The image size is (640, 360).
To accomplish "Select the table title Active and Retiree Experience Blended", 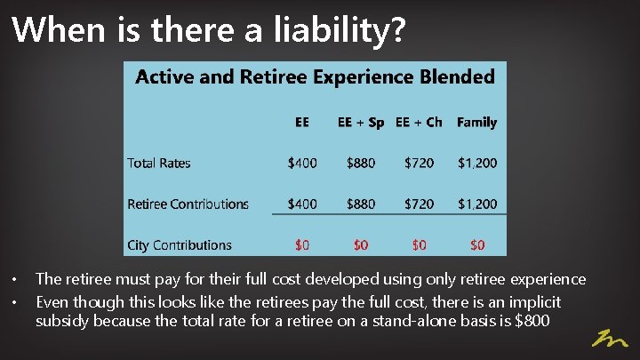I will tap(315, 76).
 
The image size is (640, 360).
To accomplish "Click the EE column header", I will tap(302, 122).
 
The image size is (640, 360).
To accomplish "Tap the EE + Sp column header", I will tap(361, 122).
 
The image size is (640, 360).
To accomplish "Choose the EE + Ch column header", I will tap(419, 122).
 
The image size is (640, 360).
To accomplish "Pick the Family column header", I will tap(476, 122).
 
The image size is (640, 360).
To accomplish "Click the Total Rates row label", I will tap(159, 163).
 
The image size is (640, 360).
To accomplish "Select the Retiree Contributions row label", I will tap(188, 204).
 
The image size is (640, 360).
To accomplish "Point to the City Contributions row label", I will tap(180, 244).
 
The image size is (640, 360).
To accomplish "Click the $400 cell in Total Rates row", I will tap(302, 163).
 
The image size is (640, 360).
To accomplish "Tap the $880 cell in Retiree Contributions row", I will tap(361, 204).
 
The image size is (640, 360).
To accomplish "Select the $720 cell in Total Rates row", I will tap(419, 163).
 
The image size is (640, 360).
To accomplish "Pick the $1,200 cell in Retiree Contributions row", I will tap(477, 204).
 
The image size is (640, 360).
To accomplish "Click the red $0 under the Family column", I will tap(477, 244).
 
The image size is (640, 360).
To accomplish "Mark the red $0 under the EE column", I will tap(302, 244).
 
